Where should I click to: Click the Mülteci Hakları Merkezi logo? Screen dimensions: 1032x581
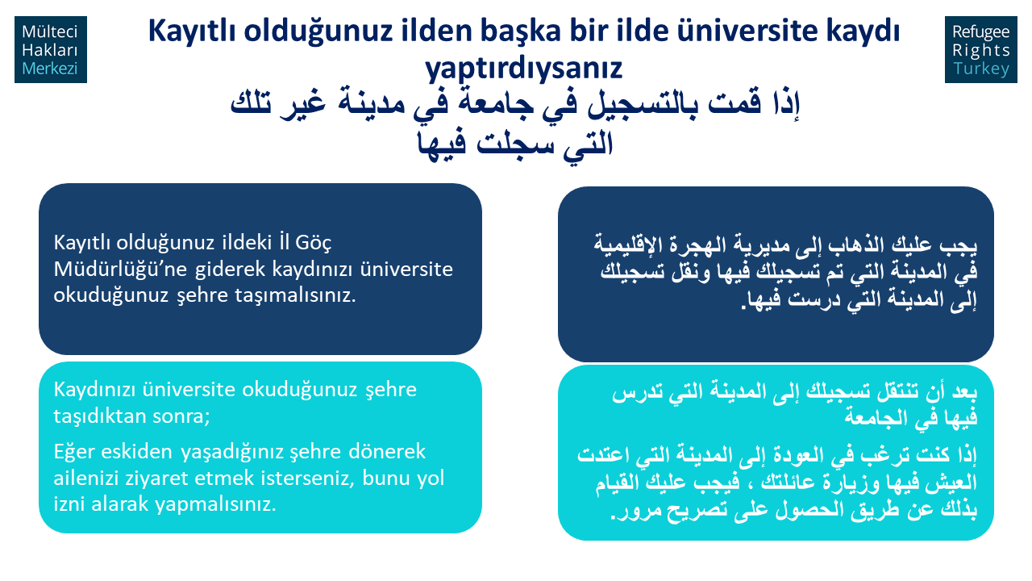(x=51, y=49)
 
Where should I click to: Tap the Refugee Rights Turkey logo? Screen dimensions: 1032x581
(x=981, y=49)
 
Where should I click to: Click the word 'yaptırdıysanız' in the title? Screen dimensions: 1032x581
(x=523, y=69)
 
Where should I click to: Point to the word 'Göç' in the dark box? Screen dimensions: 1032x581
(x=314, y=243)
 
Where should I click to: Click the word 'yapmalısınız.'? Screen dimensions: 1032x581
(x=215, y=504)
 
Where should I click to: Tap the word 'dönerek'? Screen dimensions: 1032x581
(x=387, y=451)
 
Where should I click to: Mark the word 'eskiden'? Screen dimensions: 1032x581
(x=136, y=451)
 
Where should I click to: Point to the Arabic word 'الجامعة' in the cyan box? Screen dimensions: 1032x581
(x=875, y=417)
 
